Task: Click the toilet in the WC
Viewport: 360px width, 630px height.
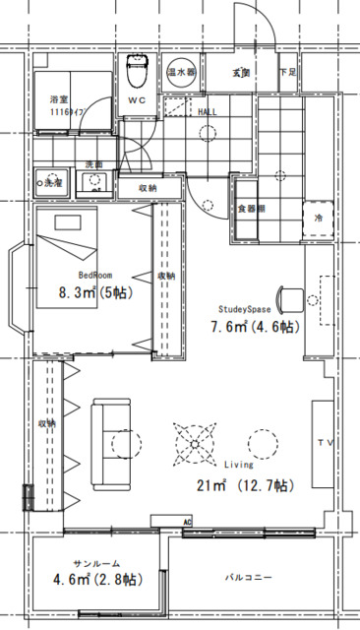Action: pyautogui.click(x=138, y=70)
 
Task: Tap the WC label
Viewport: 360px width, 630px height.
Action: pyautogui.click(x=137, y=100)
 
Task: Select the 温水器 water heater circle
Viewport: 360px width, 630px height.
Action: pyautogui.click(x=180, y=73)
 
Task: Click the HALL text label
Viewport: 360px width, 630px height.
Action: pyautogui.click(x=208, y=112)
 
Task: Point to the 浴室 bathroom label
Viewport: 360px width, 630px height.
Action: pyautogui.click(x=58, y=100)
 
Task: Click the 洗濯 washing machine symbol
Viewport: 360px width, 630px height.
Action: pyautogui.click(x=47, y=182)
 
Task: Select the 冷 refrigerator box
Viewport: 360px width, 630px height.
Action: pyautogui.click(x=319, y=217)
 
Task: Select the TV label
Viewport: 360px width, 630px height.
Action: pyautogui.click(x=325, y=444)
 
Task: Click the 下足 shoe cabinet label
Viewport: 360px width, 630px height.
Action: pyautogui.click(x=287, y=73)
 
